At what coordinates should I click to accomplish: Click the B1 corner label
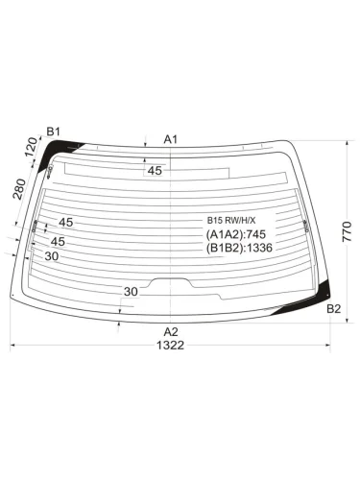coord(54,132)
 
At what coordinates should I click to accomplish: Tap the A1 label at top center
coord(171,139)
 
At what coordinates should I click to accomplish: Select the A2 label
coord(171,331)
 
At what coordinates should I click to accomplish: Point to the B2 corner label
coord(333,308)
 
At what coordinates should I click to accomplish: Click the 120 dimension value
coord(32,148)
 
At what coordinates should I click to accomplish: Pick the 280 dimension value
coord(19,189)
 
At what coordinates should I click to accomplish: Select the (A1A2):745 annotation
coord(236,233)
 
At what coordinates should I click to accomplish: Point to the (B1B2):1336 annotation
coord(240,248)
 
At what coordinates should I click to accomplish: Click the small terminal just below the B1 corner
coord(49,172)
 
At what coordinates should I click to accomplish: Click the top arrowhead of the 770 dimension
coord(344,142)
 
